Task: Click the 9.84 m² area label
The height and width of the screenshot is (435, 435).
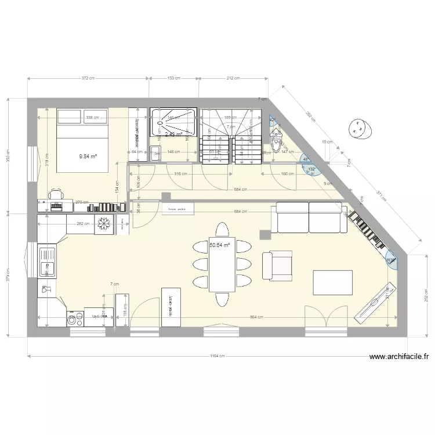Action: pyautogui.click(x=88, y=155)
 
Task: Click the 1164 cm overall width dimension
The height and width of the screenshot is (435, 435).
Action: pyautogui.click(x=217, y=356)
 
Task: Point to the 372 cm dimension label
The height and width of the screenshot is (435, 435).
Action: pyautogui.click(x=88, y=78)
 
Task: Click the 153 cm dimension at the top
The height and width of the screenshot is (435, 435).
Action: pyautogui.click(x=174, y=78)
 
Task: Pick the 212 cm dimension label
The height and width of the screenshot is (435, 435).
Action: pyautogui.click(x=233, y=78)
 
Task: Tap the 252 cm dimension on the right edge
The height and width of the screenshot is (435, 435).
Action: pyautogui.click(x=426, y=296)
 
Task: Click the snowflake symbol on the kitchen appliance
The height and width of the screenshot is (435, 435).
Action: pyautogui.click(x=104, y=223)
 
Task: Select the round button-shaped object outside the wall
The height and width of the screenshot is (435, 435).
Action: pyautogui.click(x=359, y=128)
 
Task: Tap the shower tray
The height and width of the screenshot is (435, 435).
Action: pyautogui.click(x=174, y=124)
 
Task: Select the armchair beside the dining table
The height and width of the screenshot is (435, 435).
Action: pyautogui.click(x=277, y=265)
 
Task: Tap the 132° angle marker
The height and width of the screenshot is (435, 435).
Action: pyautogui.click(x=312, y=169)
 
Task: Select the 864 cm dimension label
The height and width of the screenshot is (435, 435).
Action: pyautogui.click(x=257, y=317)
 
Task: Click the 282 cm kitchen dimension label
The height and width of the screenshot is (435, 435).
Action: pyautogui.click(x=83, y=223)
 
